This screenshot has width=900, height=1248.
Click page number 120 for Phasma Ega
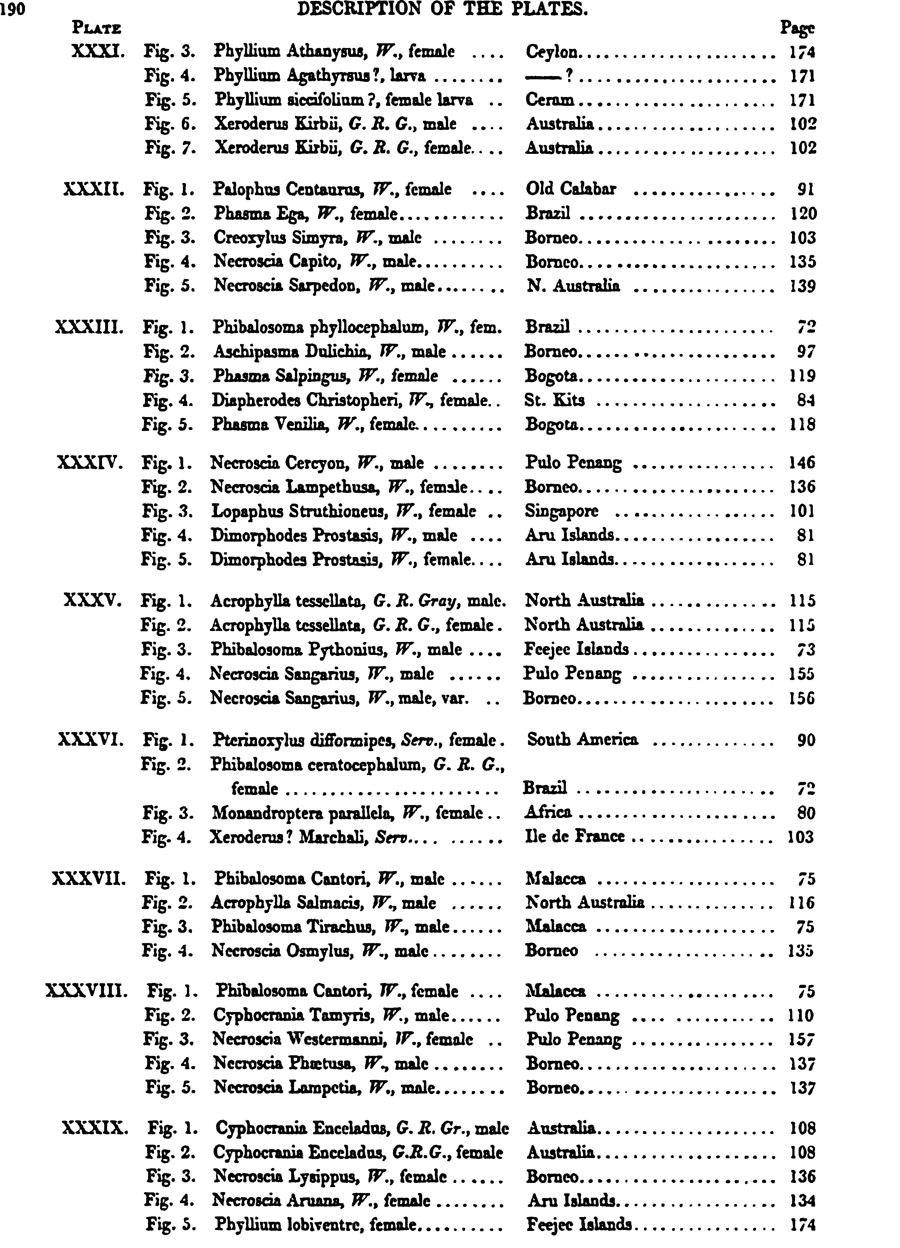click(803, 214)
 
